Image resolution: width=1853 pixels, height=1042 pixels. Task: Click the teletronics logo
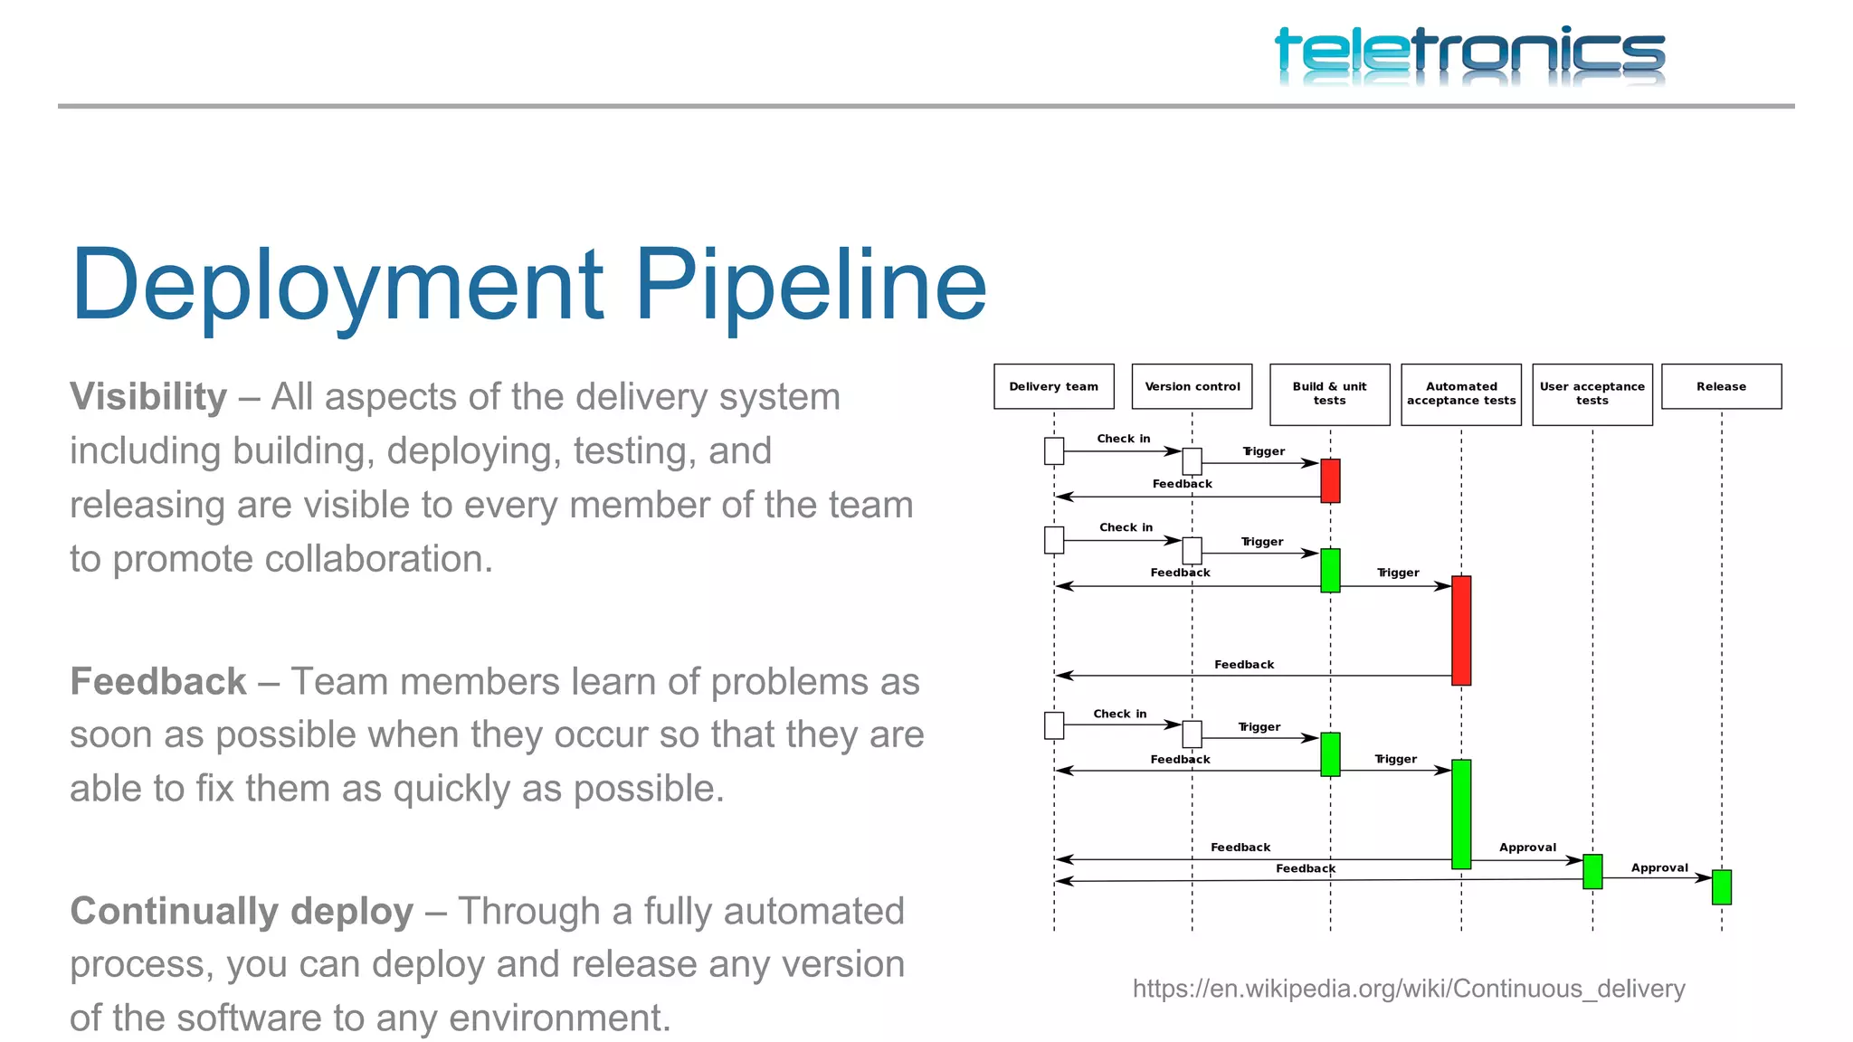click(x=1469, y=54)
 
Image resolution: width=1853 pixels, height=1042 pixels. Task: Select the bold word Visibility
click(x=148, y=397)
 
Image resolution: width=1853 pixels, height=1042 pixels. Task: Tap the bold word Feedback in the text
click(x=158, y=682)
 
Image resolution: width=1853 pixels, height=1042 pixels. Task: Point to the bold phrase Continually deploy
click(x=242, y=912)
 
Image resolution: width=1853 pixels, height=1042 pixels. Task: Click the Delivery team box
click(x=1053, y=387)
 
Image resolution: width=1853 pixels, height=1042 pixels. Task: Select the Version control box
click(x=1192, y=387)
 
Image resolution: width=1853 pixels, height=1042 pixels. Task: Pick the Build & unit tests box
click(x=1329, y=394)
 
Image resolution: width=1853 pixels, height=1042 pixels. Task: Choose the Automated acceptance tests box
click(x=1460, y=394)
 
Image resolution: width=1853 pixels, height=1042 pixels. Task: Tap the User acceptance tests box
click(x=1592, y=394)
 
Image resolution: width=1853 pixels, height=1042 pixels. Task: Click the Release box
click(x=1721, y=387)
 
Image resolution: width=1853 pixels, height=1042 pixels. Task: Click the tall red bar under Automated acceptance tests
click(x=1460, y=630)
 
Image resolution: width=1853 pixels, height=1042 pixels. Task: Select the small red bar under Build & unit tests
click(x=1330, y=480)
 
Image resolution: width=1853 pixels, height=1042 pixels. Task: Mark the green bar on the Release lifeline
click(x=1721, y=887)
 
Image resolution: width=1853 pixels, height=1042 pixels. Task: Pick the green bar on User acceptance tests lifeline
click(x=1592, y=872)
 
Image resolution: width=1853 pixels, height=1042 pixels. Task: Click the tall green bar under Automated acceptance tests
click(x=1460, y=814)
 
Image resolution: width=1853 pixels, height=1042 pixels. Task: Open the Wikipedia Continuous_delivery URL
click(x=1408, y=989)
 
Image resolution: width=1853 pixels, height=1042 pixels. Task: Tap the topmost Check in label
click(x=1123, y=439)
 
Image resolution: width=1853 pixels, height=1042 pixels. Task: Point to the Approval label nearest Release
click(x=1658, y=868)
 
